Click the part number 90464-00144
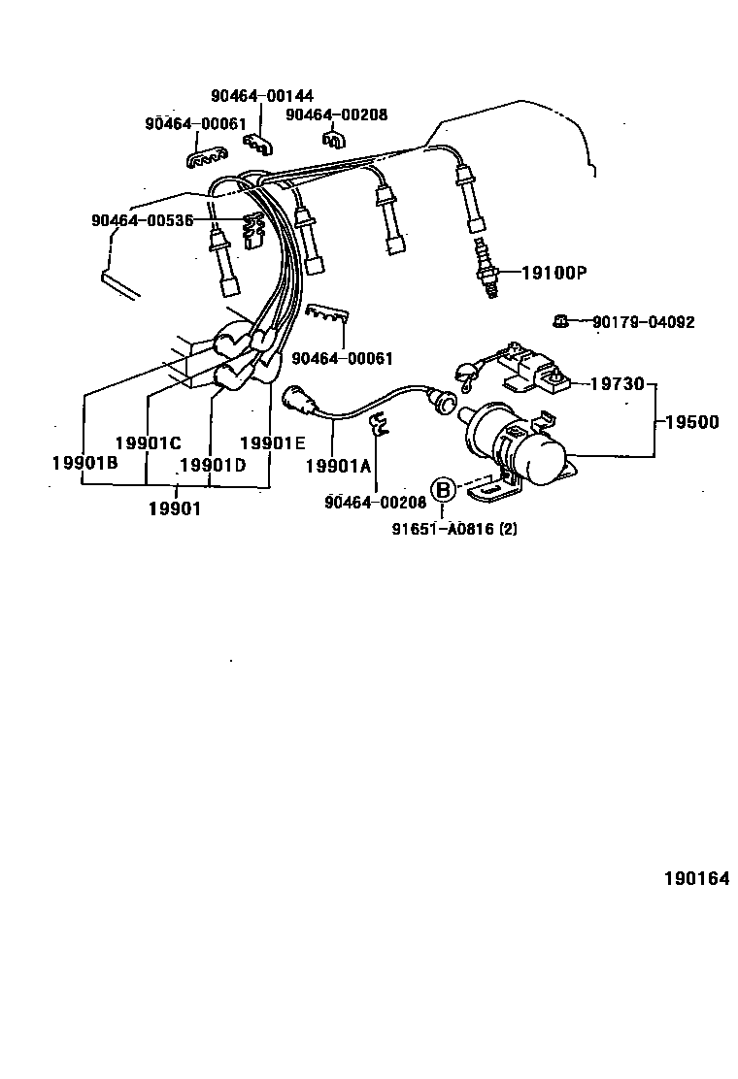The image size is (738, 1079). pos(261,96)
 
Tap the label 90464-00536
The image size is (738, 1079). pos(143,220)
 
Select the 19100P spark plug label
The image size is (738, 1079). pos(554,274)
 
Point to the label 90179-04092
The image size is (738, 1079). pos(644,322)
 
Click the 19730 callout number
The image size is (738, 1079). pos(618,383)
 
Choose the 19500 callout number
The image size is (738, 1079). pos(691,422)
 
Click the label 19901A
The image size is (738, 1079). pos(338,467)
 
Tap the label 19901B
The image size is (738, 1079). pos(85,463)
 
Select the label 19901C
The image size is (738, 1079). pos(148,443)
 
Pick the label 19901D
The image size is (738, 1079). pos(213,466)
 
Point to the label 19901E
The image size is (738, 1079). pos(273,443)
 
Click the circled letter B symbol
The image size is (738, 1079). pos(443,491)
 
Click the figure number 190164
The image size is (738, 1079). pos(696,879)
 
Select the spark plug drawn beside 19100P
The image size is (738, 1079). pos(486,268)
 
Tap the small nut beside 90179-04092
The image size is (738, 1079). pos(561,320)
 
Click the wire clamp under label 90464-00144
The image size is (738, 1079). pos(257,144)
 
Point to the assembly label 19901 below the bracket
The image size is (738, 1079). pos(175,508)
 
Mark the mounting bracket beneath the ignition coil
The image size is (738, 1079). pos(495,488)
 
